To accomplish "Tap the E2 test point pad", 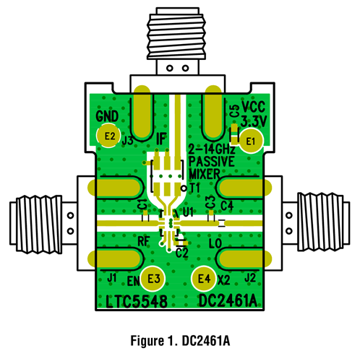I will (x=109, y=134).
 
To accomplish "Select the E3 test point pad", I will (x=153, y=277).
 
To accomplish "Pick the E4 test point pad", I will (x=203, y=277).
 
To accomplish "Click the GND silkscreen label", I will (x=107, y=117).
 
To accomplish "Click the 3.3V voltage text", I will (x=254, y=119).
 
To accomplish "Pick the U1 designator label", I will (x=189, y=212).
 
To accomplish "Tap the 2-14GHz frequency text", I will (x=210, y=150).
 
